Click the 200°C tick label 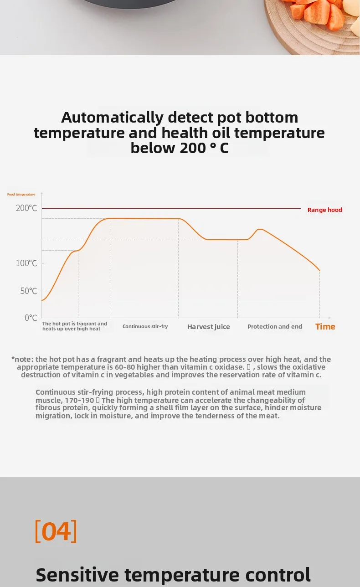pos(26,208)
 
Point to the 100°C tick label pos(26,263)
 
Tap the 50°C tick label pos(29,291)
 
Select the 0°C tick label pos(31,318)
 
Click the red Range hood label pos(324,210)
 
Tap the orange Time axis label pos(325,326)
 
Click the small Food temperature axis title pos(21,195)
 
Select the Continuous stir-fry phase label pos(145,326)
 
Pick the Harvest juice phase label pos(209,327)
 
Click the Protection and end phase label pos(275,326)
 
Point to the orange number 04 pos(56,531)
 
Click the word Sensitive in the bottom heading pos(77,575)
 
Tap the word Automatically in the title pos(113,118)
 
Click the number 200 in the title pos(193,148)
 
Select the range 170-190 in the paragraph pos(79,400)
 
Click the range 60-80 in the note pos(125,367)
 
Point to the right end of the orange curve pos(319,270)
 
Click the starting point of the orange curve pos(42,300)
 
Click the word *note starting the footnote pos(22,359)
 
